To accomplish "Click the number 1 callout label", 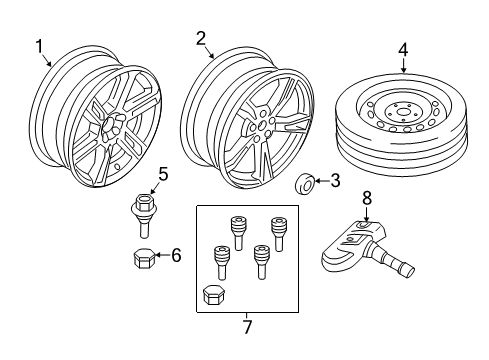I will (x=40, y=46).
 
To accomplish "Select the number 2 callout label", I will (x=201, y=39).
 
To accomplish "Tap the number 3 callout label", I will (x=335, y=180).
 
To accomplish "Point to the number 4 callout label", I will (x=403, y=48).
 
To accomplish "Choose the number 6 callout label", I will (x=175, y=256).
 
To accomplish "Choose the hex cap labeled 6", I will (x=142, y=258).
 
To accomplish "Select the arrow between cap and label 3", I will (x=319, y=181).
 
